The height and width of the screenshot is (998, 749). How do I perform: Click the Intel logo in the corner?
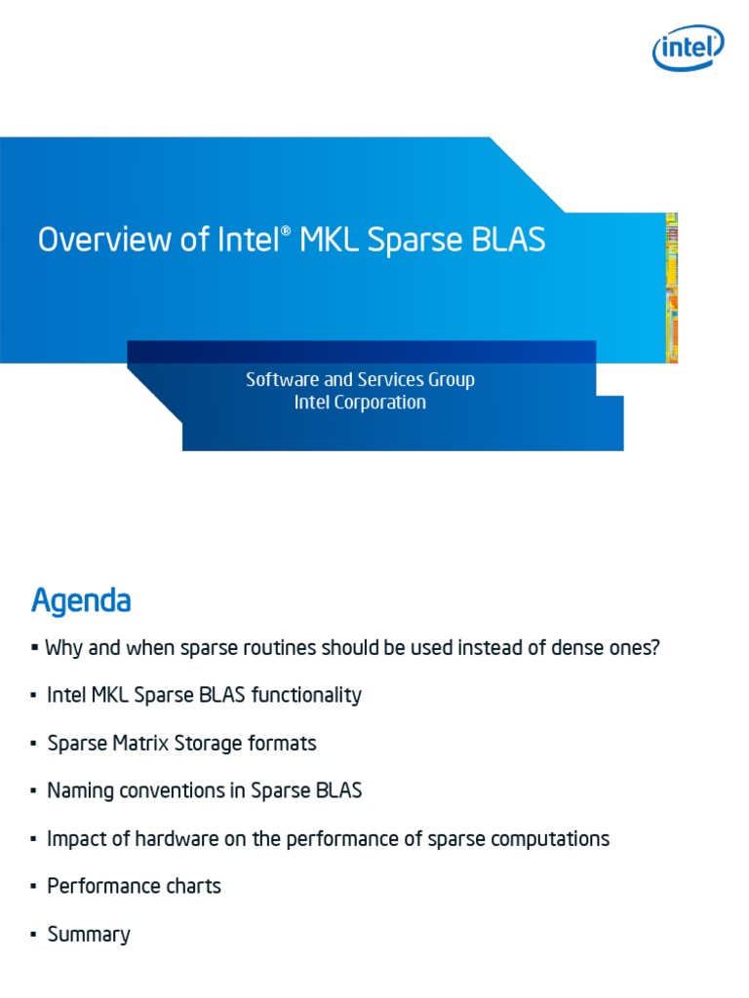click(x=688, y=48)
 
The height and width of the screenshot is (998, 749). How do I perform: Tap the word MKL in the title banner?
click(x=329, y=240)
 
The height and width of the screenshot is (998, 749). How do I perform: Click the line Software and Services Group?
click(x=360, y=379)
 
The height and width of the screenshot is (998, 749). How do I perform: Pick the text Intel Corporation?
click(x=360, y=403)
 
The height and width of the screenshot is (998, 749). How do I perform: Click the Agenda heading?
click(x=82, y=601)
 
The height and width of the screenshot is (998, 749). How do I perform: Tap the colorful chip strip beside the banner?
click(x=671, y=288)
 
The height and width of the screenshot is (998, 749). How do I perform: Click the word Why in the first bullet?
click(x=63, y=648)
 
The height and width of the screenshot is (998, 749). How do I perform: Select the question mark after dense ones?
click(x=654, y=648)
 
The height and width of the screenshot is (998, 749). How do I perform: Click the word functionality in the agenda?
click(x=306, y=695)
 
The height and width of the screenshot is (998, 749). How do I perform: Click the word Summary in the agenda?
click(x=89, y=935)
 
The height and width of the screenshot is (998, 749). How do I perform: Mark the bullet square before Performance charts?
click(x=33, y=887)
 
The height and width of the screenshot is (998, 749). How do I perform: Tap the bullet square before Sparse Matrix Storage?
click(x=33, y=744)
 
